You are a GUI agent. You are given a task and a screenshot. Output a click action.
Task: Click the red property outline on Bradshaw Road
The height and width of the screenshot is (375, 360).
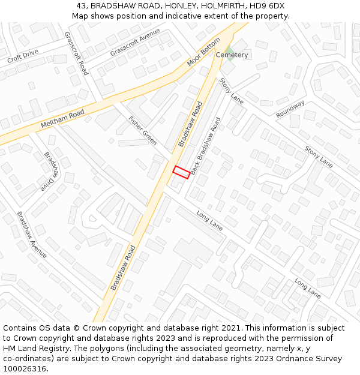182,172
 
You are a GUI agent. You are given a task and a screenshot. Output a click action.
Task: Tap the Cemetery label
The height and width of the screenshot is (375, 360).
232,55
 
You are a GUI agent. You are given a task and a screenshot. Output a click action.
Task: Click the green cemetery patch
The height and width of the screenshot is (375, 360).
229,47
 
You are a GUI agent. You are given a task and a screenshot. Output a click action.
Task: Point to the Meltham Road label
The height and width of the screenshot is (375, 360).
62,119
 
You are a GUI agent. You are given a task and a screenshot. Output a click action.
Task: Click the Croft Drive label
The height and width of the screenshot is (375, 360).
23,56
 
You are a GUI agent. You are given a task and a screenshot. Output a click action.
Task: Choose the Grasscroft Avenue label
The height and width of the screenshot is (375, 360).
135,42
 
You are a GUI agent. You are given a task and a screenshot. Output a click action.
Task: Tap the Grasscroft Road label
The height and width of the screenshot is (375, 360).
76,53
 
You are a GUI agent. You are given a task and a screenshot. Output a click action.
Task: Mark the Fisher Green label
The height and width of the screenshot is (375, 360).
143,131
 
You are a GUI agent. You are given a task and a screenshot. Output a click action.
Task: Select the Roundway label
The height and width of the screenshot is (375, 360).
290,109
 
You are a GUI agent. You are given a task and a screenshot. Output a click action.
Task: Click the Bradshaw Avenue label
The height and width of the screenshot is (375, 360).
32,235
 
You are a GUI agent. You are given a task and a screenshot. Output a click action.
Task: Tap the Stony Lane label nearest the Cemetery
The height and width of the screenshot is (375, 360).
231,91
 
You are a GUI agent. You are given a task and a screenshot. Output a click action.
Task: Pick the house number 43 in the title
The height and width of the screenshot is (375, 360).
81,6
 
